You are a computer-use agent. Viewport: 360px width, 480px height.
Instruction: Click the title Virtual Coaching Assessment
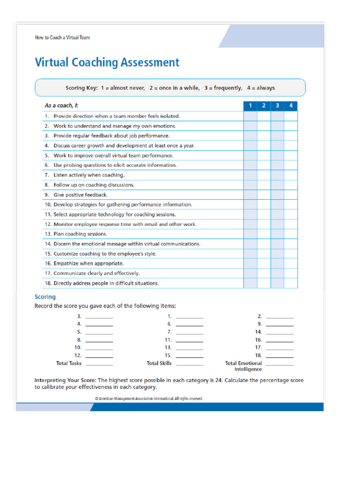click(x=107, y=62)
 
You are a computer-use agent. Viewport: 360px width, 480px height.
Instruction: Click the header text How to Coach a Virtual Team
click(x=62, y=37)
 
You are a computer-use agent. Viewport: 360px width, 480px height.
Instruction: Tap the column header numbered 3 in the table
click(x=277, y=106)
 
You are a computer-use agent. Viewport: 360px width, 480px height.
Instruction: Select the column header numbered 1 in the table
click(x=250, y=106)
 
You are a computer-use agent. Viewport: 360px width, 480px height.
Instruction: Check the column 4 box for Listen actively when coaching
click(x=291, y=175)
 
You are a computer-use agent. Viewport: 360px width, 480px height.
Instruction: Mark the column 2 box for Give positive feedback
click(x=264, y=195)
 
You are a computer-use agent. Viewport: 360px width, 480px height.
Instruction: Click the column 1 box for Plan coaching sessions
click(x=250, y=233)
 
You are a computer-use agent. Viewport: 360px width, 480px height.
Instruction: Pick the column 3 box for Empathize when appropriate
click(x=277, y=263)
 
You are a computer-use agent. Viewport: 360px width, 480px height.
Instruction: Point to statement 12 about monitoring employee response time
click(x=120, y=224)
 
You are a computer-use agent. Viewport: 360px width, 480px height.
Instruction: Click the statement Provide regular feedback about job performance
click(x=111, y=135)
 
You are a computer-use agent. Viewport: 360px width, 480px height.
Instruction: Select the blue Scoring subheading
click(x=45, y=297)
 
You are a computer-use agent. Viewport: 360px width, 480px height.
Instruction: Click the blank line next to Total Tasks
click(x=99, y=364)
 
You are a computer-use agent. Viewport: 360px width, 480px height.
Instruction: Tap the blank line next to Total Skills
click(x=189, y=364)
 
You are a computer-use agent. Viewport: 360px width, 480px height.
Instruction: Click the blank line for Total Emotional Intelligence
click(x=279, y=364)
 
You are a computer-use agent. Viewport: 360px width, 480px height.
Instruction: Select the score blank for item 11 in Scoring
click(x=189, y=340)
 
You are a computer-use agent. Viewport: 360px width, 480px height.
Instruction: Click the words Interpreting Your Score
click(x=65, y=380)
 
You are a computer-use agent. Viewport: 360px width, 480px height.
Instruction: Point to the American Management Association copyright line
click(x=149, y=398)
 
